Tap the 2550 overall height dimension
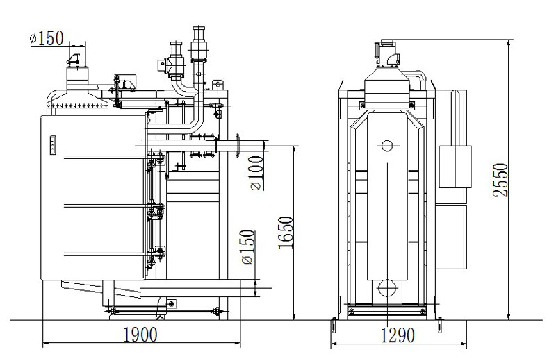point(501,180)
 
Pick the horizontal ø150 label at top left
point(51,39)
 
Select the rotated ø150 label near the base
point(247,248)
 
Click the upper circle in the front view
point(386,146)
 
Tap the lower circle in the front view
point(386,287)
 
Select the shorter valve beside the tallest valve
point(174,56)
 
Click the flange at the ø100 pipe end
point(238,145)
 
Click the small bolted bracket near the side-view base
point(170,303)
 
